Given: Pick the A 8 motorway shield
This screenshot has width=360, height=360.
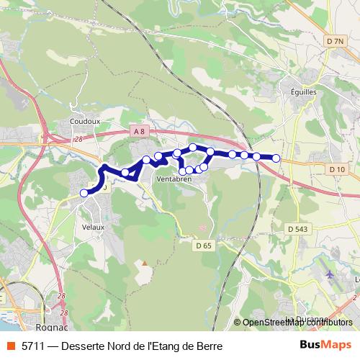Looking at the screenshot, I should point(139,131).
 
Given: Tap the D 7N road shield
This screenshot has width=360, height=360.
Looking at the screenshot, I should point(334,42).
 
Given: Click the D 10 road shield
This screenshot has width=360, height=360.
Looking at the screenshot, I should point(337,169).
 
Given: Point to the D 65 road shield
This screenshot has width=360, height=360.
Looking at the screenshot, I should point(204,246).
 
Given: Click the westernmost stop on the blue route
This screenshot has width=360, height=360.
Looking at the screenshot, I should point(84,193).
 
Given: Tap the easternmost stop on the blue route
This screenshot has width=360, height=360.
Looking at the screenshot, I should point(276,158).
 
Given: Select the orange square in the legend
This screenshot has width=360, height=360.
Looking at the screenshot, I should point(10,346).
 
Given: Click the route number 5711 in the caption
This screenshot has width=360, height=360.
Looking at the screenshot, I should point(32,346).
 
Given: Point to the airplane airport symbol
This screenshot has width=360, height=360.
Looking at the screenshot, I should point(330,274).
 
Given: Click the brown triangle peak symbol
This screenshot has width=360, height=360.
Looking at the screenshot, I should point(143,263).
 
